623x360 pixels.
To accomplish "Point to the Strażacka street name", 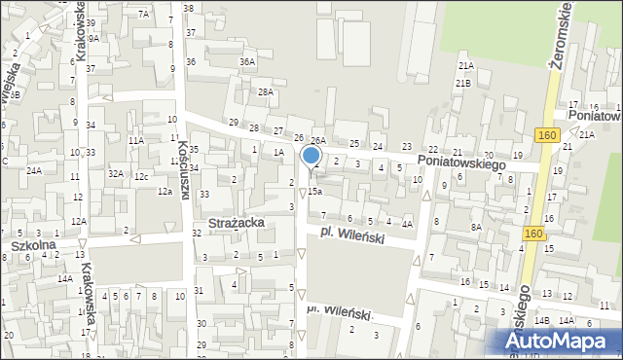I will (230, 224).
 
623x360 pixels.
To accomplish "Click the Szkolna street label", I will (33, 245).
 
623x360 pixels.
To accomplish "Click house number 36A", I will (247, 61).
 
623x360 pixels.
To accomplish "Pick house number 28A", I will (266, 91).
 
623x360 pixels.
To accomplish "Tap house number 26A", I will (317, 141).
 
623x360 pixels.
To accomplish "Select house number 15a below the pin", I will (315, 192).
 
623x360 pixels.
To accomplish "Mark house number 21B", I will (462, 84).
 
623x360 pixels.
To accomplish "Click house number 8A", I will (476, 227).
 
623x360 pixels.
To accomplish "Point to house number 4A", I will (407, 225).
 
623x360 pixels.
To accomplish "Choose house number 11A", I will (136, 140).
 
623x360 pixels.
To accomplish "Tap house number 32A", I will (115, 173).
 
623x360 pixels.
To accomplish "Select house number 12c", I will (141, 176).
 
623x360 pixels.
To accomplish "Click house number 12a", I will (165, 192).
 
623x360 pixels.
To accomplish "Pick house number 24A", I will (34, 170).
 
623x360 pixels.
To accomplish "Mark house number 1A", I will (278, 152).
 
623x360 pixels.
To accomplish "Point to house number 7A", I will (143, 14).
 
